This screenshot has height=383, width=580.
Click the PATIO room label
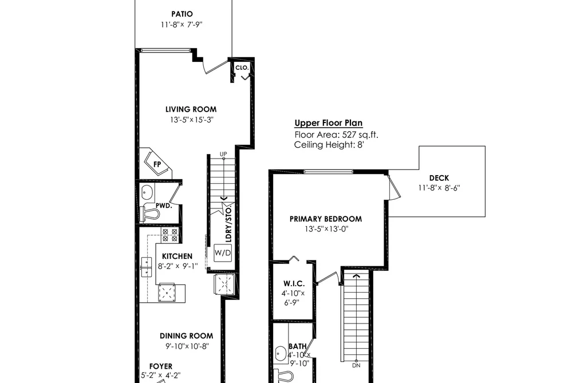[182, 14]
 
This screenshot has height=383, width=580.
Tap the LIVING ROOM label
[191, 109]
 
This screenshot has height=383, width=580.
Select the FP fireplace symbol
[158, 163]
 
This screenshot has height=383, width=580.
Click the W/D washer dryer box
[223, 253]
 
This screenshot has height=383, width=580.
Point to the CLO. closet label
[242, 68]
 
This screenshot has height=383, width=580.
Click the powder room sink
[147, 191]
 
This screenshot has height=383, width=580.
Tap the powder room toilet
[149, 214]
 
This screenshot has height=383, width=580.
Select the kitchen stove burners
[170, 235]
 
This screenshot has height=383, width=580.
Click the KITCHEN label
[177, 256]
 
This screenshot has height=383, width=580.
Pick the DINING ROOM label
[187, 336]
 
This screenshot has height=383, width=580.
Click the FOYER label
[161, 366]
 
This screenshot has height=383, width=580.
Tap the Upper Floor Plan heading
[329, 123]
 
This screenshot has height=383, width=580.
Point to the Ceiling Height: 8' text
[329, 145]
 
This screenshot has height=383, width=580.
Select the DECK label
[439, 178]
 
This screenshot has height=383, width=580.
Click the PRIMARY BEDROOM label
[326, 219]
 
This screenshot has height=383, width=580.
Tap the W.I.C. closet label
[294, 284]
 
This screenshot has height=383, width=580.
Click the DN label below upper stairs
[356, 366]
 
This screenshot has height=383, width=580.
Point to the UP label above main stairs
[223, 154]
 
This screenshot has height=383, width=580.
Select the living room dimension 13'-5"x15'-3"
[192, 120]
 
